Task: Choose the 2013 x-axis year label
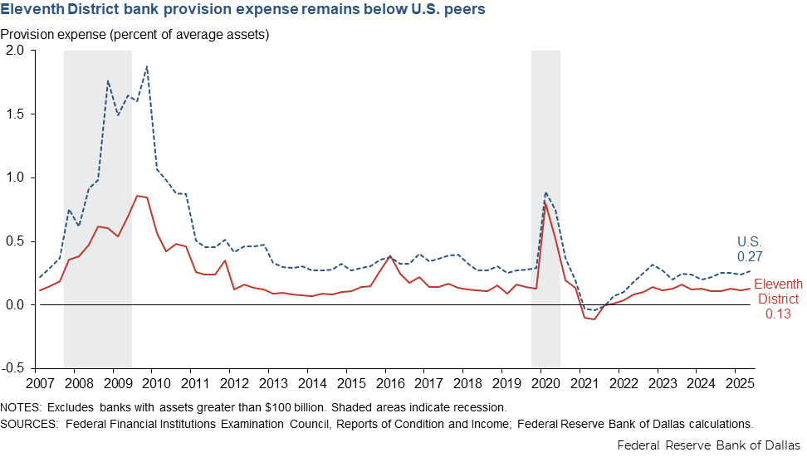(271, 385)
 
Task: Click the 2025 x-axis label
(734, 385)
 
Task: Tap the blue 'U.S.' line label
(751, 242)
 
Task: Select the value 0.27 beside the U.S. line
(750, 257)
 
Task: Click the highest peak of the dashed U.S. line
(147, 66)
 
